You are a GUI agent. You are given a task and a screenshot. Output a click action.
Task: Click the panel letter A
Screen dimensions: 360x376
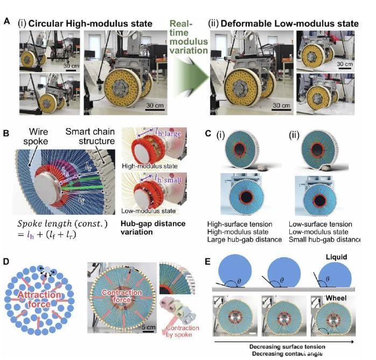[x=6, y=22]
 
